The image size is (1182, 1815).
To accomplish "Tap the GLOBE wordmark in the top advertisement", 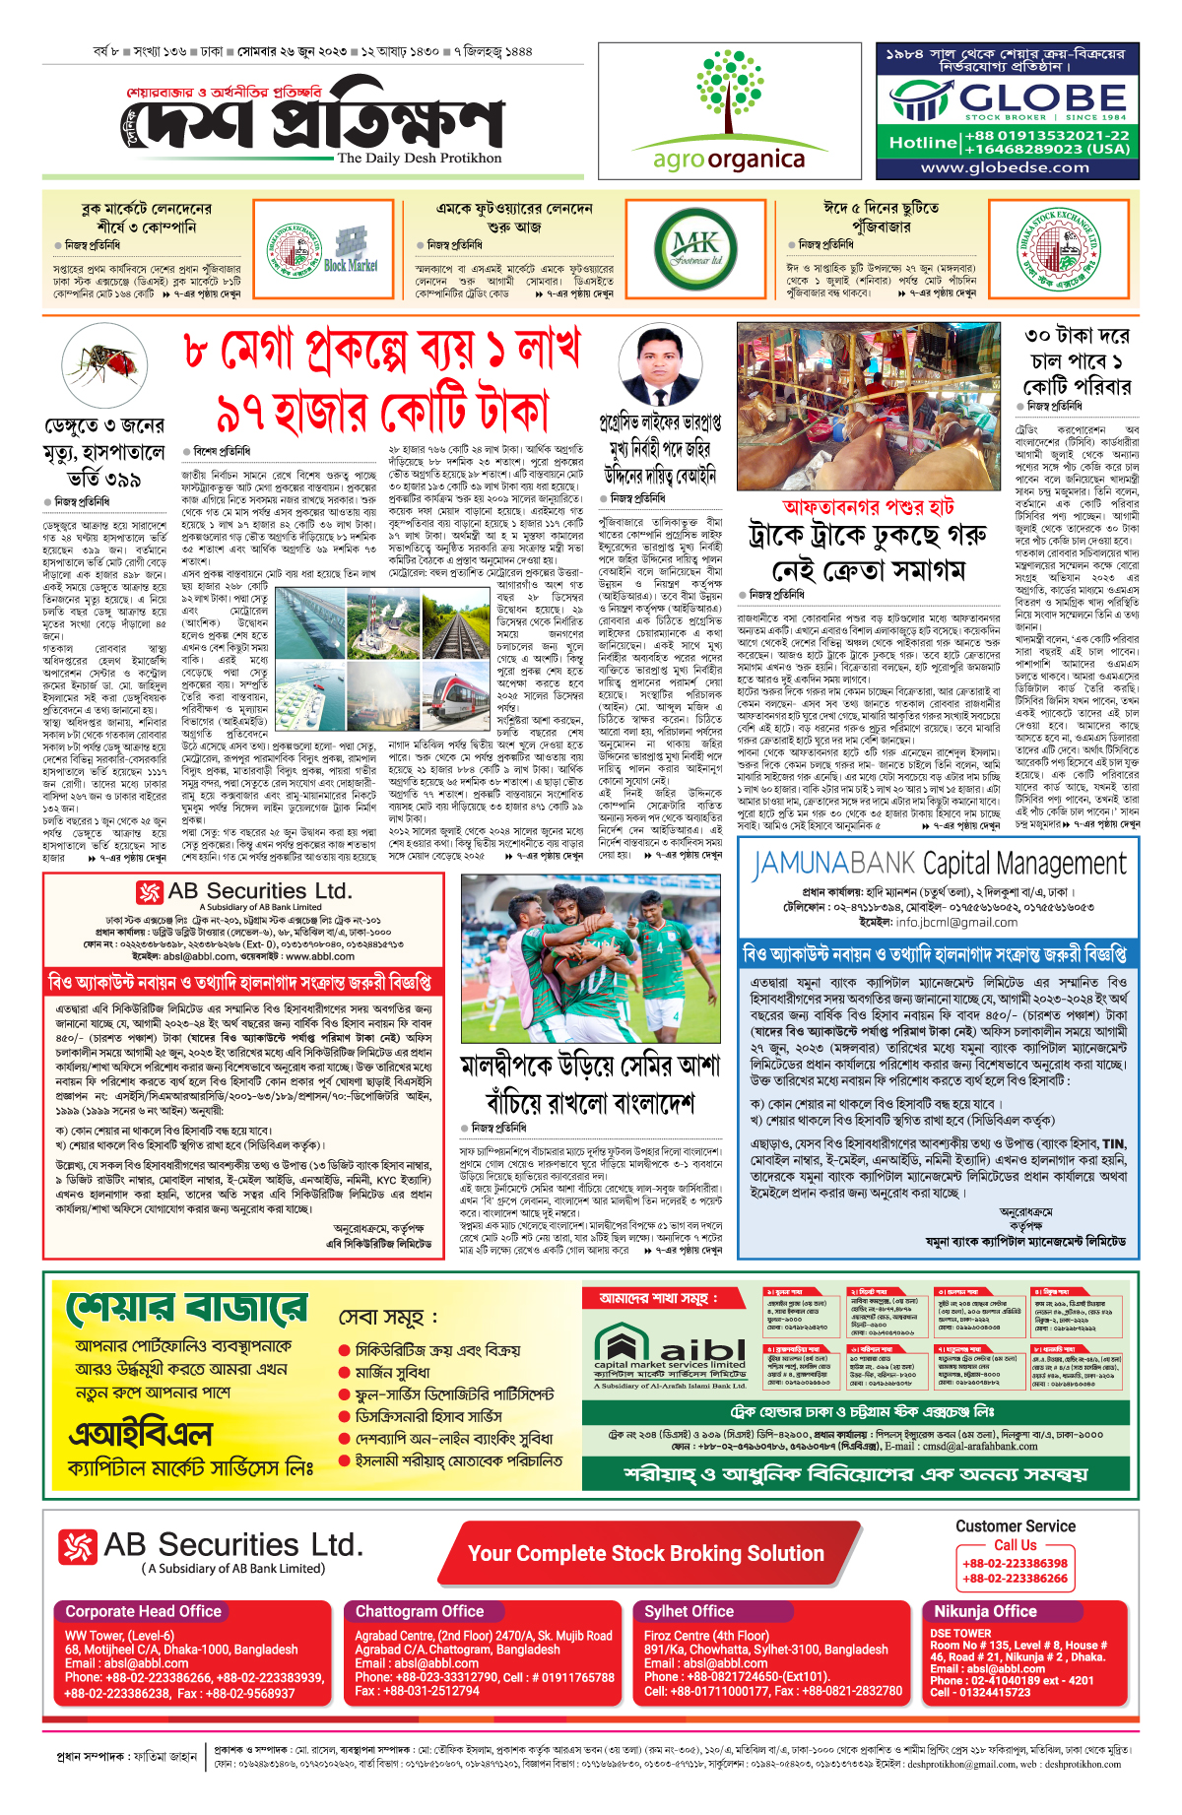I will (1042, 98).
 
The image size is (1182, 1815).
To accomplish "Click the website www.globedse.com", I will (1005, 167).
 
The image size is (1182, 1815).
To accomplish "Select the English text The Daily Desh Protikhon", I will (419, 158).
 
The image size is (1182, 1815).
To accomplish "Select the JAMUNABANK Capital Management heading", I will (939, 865).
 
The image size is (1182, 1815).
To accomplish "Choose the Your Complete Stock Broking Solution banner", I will (645, 1553).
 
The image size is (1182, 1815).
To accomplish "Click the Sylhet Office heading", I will (689, 1611).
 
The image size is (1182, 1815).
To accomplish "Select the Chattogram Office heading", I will (420, 1611).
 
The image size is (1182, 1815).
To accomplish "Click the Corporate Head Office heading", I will (144, 1611).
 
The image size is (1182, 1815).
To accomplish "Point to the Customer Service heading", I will (1016, 1525).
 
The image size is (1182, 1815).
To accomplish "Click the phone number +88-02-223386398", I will (1015, 1563).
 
